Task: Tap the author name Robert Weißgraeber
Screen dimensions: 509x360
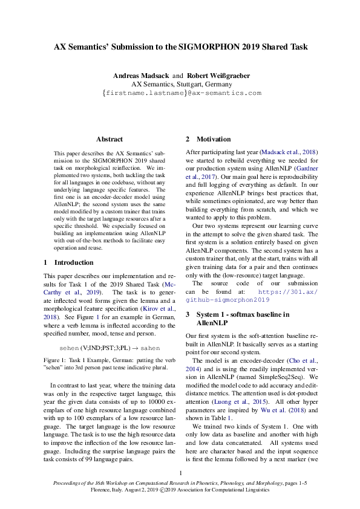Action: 216,76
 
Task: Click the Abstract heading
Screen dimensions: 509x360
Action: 109,139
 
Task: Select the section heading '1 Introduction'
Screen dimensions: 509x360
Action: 69,262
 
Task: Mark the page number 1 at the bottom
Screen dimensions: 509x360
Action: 181,473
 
